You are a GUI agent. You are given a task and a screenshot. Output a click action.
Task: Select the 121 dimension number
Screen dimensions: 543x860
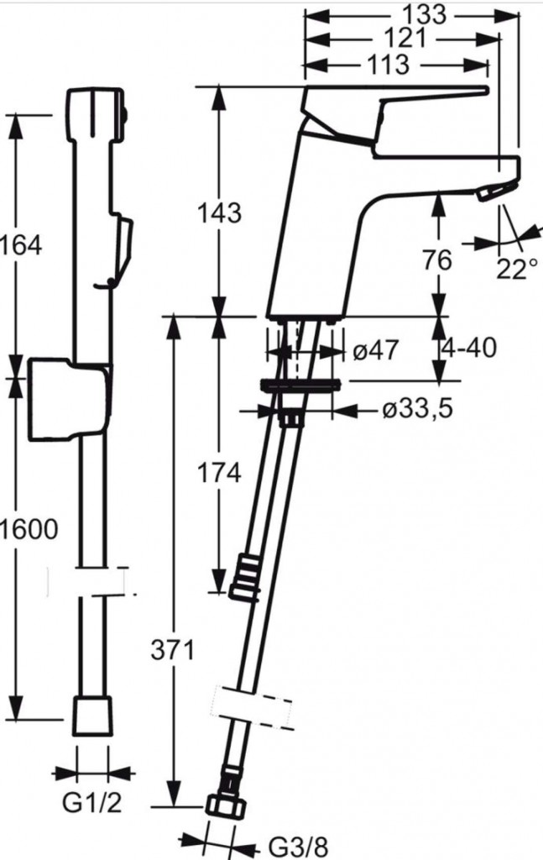coord(405,39)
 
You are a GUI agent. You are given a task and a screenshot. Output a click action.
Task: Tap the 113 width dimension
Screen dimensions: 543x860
coord(388,65)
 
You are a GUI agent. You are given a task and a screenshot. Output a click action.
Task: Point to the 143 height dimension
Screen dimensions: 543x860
coord(219,212)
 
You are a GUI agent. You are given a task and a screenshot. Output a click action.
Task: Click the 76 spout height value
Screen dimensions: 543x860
coord(437,260)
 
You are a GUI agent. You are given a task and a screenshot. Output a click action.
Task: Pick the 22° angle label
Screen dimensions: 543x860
coord(517,269)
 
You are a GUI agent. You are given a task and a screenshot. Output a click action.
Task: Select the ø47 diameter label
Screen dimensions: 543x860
coord(375,350)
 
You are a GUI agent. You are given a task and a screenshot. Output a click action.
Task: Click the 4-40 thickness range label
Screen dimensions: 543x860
coord(470,347)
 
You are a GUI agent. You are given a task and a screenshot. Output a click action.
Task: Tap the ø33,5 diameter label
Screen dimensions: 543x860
coord(418,408)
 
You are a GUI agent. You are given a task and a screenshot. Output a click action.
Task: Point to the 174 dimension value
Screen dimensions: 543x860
coord(219,474)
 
